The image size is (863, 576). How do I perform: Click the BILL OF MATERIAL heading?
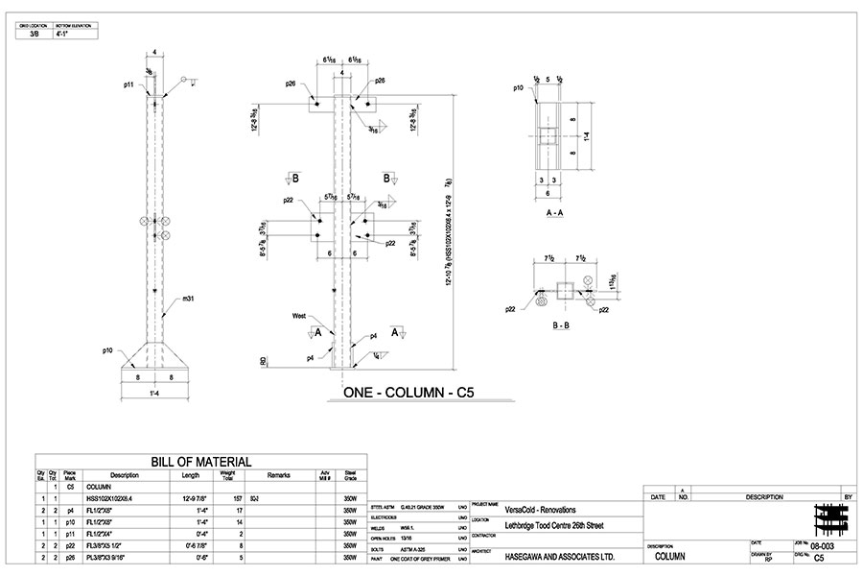tap(200, 462)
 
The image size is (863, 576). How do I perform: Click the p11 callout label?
tap(128, 84)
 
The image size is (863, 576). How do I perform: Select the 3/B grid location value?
tap(34, 33)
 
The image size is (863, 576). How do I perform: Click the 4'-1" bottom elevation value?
tap(63, 33)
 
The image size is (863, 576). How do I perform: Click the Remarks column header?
tap(278, 475)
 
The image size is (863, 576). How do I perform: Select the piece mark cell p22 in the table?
tap(70, 545)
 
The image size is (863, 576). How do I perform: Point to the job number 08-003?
tap(823, 545)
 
